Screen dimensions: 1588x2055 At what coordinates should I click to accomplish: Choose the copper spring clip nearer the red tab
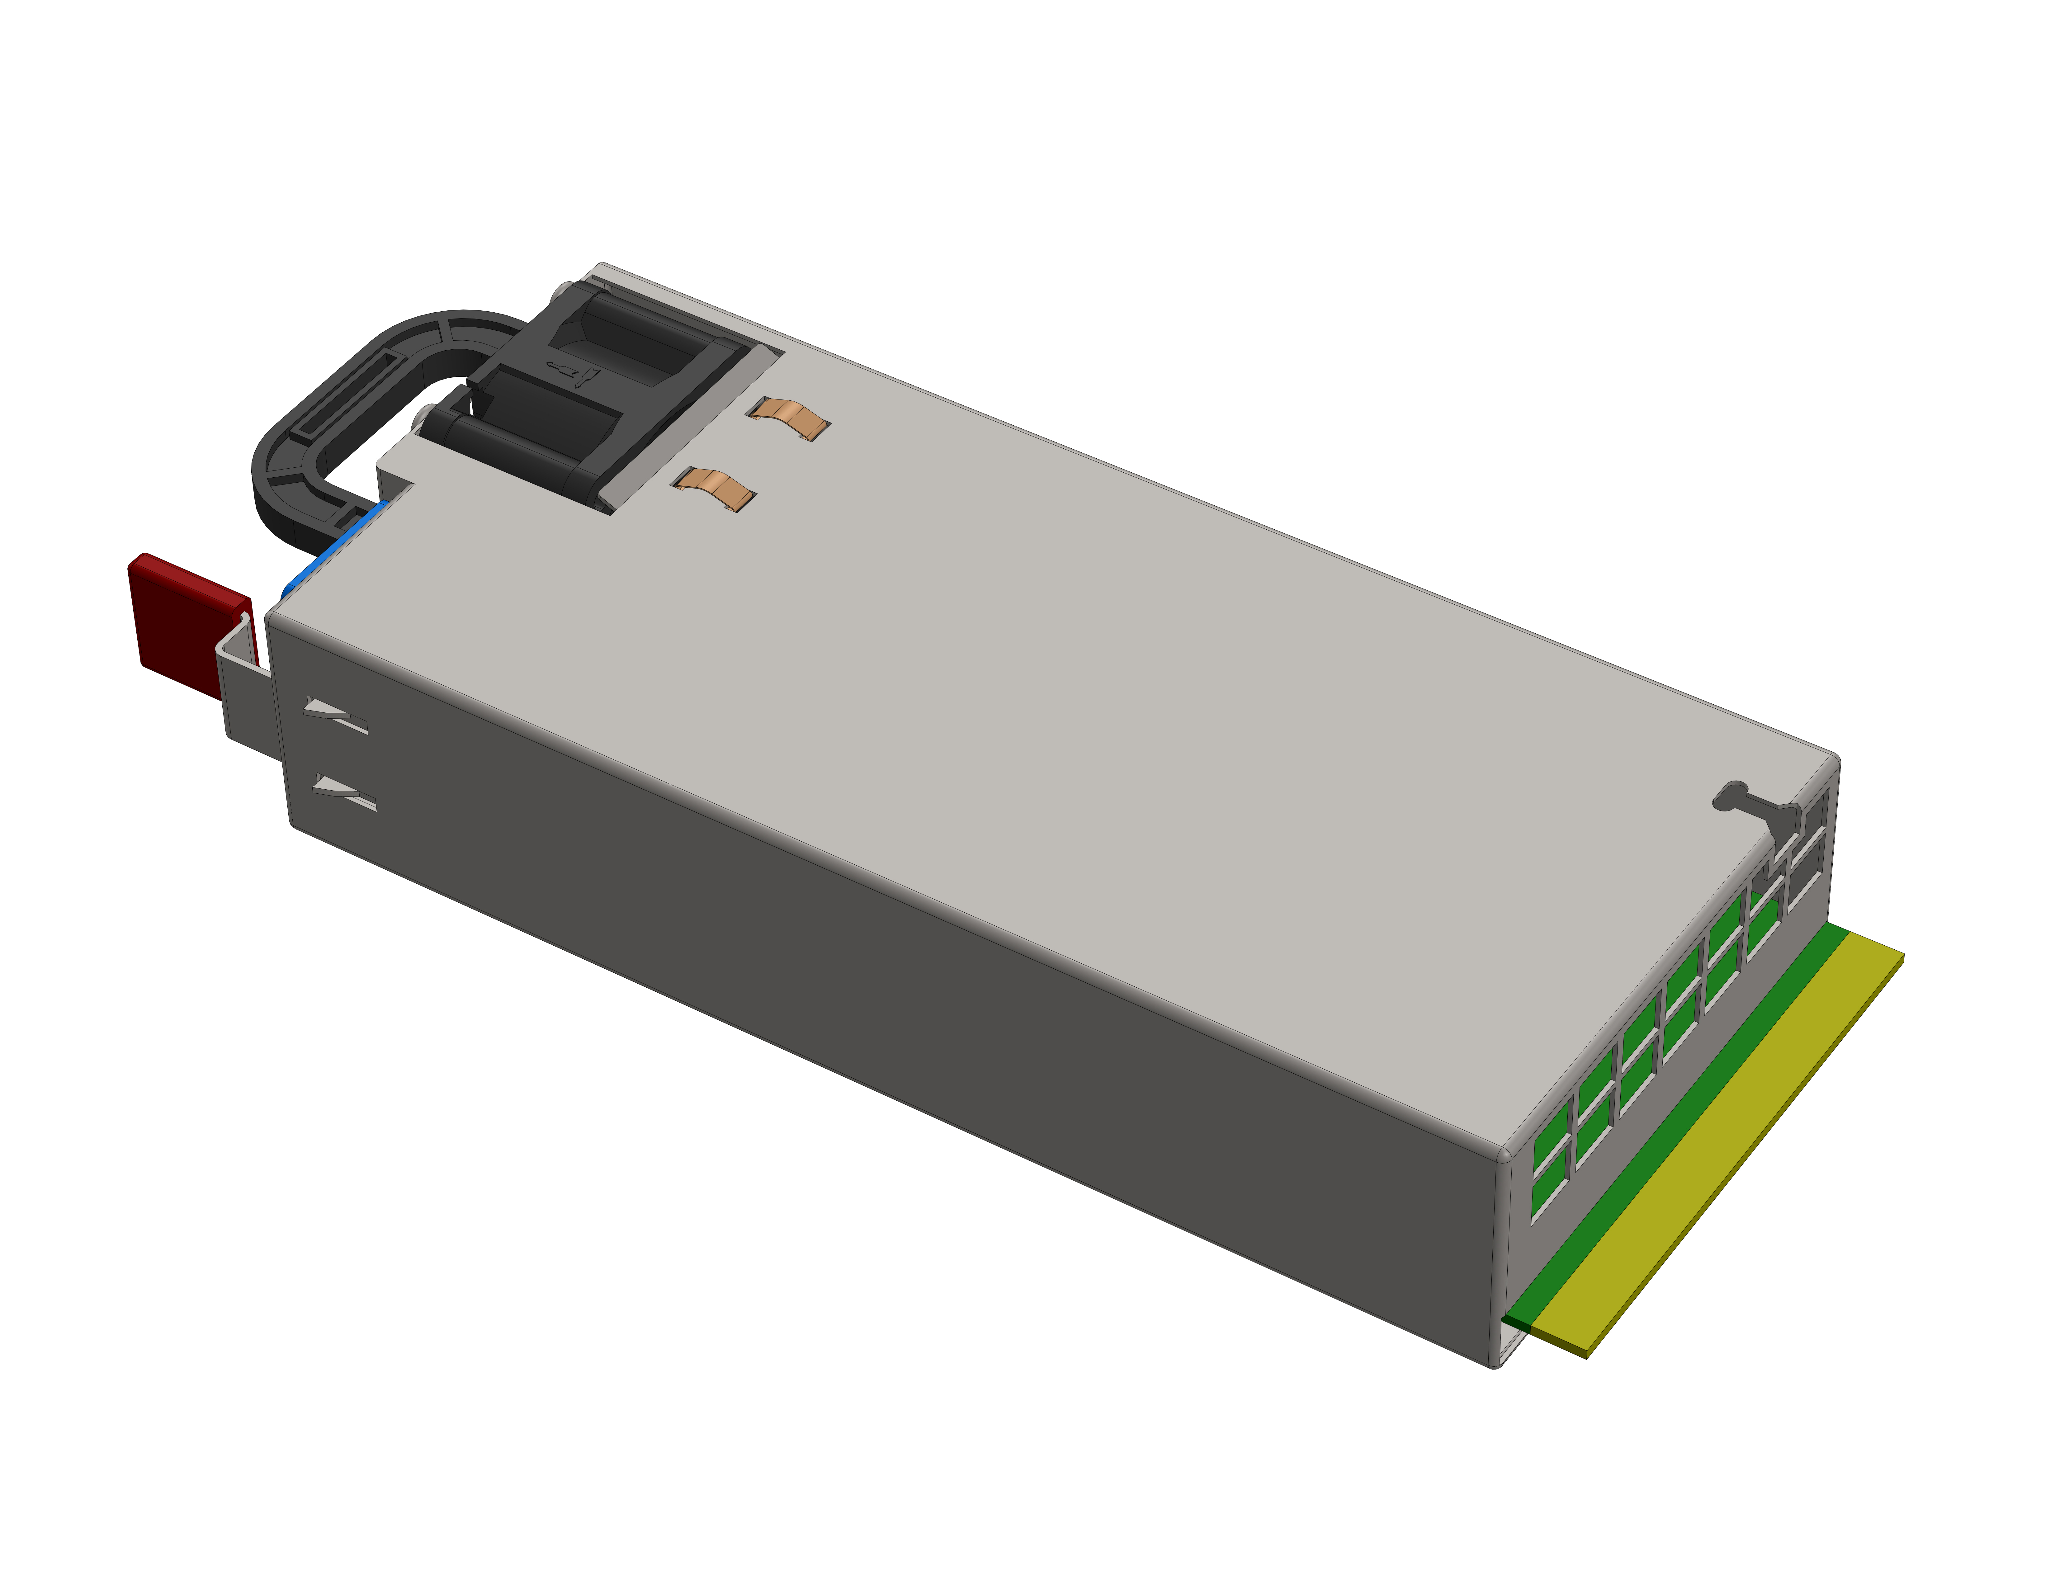coord(715,489)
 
